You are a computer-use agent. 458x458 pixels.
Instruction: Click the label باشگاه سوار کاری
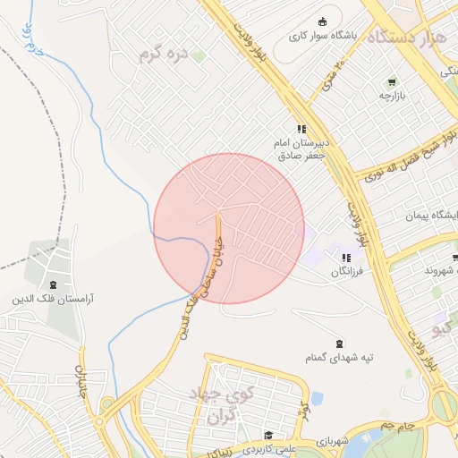pyautogui.click(x=322, y=38)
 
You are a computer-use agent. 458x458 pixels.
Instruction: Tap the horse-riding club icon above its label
pyautogui.click(x=322, y=22)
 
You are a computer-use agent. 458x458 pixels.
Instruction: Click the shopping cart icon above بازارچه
pyautogui.click(x=392, y=82)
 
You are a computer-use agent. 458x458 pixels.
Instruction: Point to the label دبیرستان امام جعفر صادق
pyautogui.click(x=302, y=148)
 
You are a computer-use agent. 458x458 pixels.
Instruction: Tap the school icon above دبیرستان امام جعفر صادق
pyautogui.click(x=302, y=130)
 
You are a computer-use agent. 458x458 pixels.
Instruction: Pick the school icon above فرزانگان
pyautogui.click(x=346, y=258)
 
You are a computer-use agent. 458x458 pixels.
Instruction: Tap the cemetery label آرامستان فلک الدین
pyautogui.click(x=55, y=298)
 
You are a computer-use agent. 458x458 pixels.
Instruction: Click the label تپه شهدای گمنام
pyautogui.click(x=339, y=359)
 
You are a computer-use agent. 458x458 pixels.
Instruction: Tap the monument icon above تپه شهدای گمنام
pyautogui.click(x=339, y=344)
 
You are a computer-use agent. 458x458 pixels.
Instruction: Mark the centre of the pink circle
pyautogui.click(x=229, y=228)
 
